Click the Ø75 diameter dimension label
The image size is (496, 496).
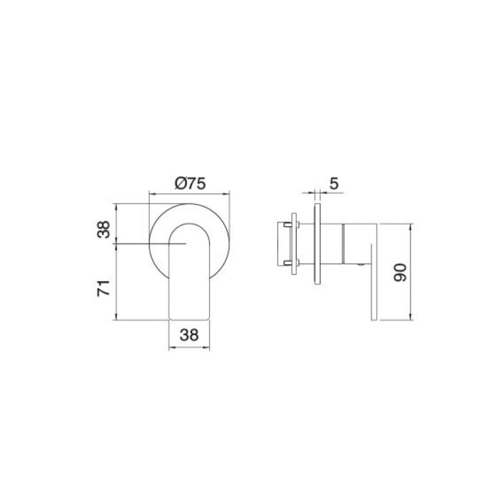[x=189, y=183]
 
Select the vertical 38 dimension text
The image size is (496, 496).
[x=104, y=230]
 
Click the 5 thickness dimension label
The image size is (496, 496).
[x=334, y=183]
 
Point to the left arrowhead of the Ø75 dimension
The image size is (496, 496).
[x=150, y=192]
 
